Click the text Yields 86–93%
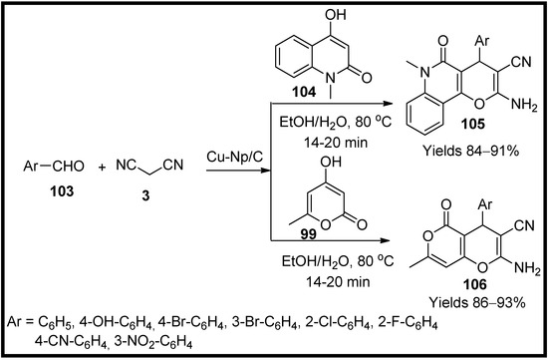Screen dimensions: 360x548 (469, 299)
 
